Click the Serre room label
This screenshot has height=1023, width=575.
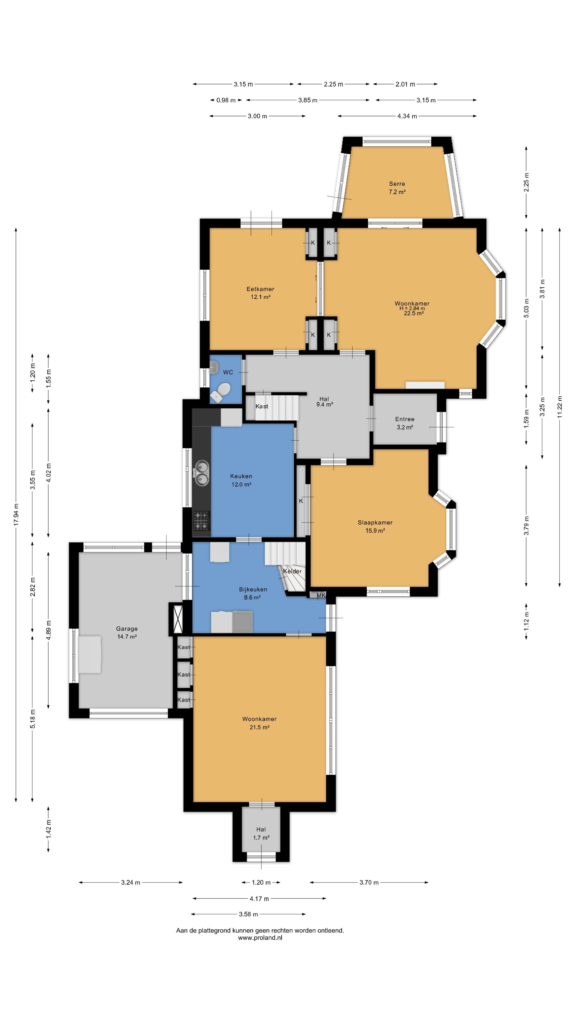[397, 184]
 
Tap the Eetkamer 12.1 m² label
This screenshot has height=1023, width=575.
[260, 293]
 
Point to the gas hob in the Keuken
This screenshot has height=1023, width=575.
[201, 521]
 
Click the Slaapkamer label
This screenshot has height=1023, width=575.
[375, 523]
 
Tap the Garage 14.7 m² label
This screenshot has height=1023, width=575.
[127, 633]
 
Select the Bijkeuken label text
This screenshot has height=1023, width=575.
[253, 589]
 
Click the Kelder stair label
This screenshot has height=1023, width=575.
[293, 571]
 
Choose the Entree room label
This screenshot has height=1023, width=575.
[405, 419]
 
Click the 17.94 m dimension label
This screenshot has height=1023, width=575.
[16, 515]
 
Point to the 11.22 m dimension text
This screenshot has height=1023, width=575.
[560, 407]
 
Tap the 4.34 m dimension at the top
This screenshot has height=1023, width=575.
[407, 116]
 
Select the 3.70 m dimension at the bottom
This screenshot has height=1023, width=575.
[369, 882]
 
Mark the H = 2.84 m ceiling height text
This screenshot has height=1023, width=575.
[412, 308]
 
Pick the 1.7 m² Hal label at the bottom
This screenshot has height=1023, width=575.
[261, 838]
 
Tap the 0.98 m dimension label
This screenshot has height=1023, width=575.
[226, 100]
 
